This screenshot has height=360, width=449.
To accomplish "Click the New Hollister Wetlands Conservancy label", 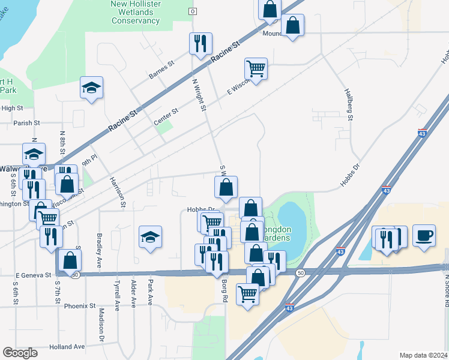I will [x=134, y=13].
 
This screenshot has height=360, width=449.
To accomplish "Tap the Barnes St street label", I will [x=161, y=70].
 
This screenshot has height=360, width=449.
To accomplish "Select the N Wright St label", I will [x=199, y=96].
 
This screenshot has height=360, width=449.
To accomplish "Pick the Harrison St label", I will [x=117, y=191].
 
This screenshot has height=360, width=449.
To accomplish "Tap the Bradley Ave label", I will [x=99, y=246].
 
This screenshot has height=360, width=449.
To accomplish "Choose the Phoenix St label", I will [x=80, y=306].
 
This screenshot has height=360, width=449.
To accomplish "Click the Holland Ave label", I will [x=67, y=347].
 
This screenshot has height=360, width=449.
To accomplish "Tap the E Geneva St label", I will [x=33, y=275].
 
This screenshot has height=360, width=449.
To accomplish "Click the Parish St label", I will [x=27, y=123].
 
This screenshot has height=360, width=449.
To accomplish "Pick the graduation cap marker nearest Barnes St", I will [x=92, y=88].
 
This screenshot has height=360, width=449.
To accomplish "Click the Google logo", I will [x=20, y=353].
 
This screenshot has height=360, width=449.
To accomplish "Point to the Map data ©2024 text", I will [x=423, y=355].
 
